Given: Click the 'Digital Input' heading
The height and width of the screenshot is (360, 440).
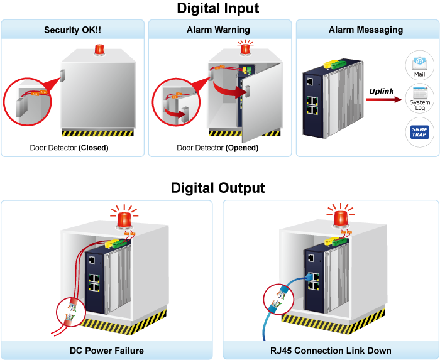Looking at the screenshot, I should pyautogui.click(x=218, y=9).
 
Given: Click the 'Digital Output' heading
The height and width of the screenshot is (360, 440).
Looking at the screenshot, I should pyautogui.click(x=218, y=188).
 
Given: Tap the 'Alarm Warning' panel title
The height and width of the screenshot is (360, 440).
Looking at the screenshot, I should pyautogui.click(x=218, y=30).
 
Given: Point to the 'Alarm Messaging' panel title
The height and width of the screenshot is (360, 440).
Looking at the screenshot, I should pyautogui.click(x=366, y=30).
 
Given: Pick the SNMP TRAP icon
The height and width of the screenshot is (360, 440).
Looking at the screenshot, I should pyautogui.click(x=419, y=132).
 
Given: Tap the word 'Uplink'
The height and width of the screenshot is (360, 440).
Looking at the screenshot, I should pyautogui.click(x=382, y=91).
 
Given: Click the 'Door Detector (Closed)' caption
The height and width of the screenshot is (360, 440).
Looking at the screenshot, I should pyautogui.click(x=69, y=148).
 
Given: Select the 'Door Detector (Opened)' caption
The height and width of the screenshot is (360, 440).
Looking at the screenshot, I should pyautogui.click(x=217, y=148).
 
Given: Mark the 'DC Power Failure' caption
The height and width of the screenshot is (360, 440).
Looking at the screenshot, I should pyautogui.click(x=107, y=351).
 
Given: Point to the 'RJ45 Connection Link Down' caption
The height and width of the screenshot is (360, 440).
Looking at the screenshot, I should pyautogui.click(x=331, y=351).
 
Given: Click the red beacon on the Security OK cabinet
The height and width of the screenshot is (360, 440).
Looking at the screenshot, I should pyautogui.click(x=99, y=50).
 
